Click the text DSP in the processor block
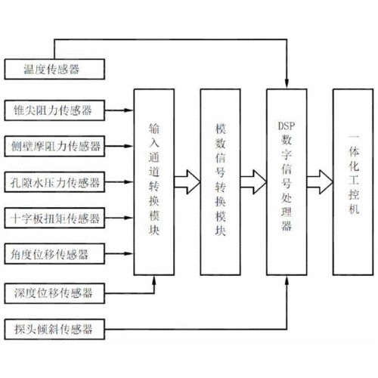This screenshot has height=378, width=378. coord(287,125)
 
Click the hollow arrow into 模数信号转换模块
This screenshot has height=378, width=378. coord(187,182)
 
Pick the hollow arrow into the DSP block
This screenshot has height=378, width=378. coord(253,182)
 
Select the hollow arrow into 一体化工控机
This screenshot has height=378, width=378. coord(320,182)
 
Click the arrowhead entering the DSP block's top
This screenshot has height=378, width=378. coord(287,84)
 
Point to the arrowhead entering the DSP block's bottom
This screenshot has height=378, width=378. coord(287,280)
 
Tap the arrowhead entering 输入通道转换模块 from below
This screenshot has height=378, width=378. coord(154,280)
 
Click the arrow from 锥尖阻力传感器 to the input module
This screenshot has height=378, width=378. coord(119,110)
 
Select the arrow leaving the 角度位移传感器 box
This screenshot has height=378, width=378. coord(119,254)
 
